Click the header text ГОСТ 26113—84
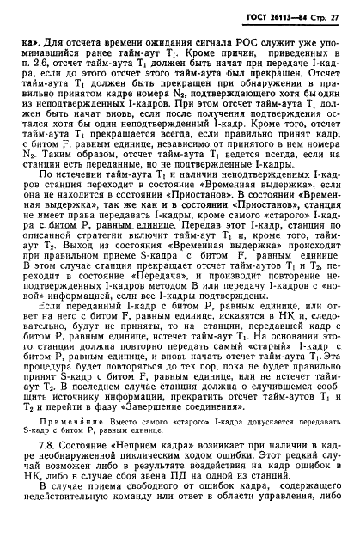(272, 18)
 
